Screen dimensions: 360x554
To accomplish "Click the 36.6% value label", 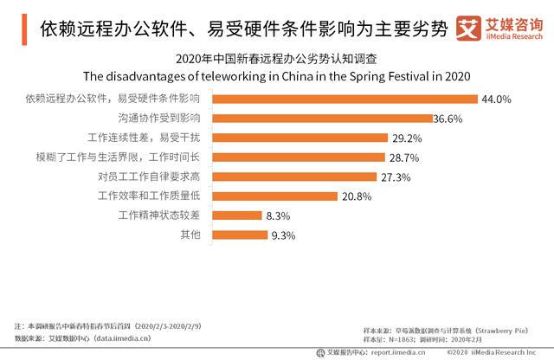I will pyautogui.click(x=449, y=119).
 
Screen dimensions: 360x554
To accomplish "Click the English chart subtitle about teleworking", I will pyautogui.click(x=276, y=75).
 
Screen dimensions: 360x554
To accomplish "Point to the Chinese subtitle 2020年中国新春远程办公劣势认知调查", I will pyautogui.click(x=276, y=59).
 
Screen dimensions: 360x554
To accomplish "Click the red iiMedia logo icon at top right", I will pyautogui.click(x=469, y=26).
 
